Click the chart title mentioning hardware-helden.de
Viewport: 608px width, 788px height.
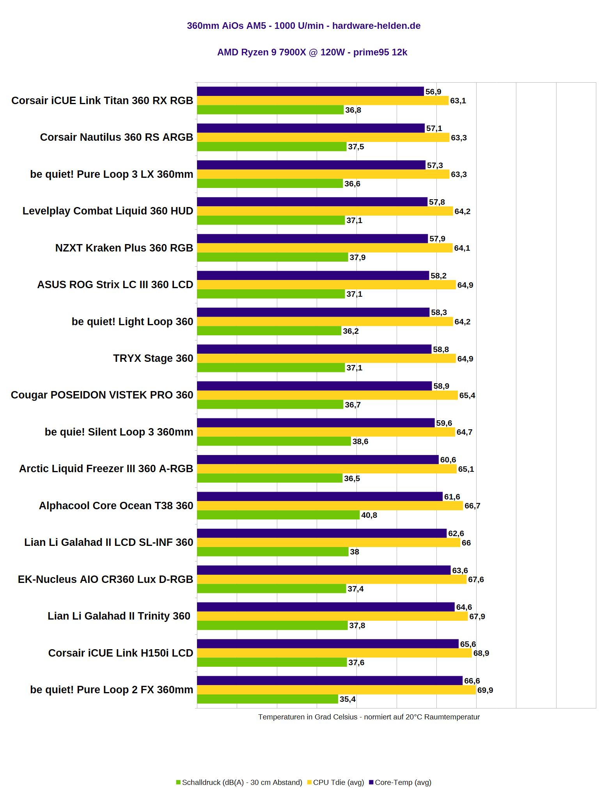(x=303, y=26)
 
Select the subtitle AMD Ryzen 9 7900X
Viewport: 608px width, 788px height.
(x=312, y=52)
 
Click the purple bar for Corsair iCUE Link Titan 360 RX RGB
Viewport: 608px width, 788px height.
(x=310, y=91)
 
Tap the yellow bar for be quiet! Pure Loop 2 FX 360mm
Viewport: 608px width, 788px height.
(x=336, y=690)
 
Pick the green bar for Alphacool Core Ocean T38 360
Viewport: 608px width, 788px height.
(x=278, y=515)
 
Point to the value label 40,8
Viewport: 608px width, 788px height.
(x=369, y=515)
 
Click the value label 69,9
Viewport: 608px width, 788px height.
(x=485, y=690)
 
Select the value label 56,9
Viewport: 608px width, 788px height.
(x=433, y=92)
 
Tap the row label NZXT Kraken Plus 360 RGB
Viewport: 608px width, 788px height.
(x=124, y=248)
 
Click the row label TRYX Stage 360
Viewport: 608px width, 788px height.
(x=153, y=358)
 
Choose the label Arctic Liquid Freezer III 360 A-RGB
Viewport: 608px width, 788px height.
(x=106, y=469)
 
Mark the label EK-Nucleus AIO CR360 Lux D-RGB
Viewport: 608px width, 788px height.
(x=105, y=579)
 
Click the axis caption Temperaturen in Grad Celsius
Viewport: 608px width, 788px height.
(x=369, y=717)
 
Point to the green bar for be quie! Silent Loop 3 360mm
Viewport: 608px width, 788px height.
(x=274, y=441)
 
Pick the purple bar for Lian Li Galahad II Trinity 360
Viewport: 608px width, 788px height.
(x=326, y=607)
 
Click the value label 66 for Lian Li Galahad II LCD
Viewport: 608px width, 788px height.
(x=466, y=543)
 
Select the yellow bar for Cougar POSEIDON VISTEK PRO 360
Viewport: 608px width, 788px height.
(x=327, y=395)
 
